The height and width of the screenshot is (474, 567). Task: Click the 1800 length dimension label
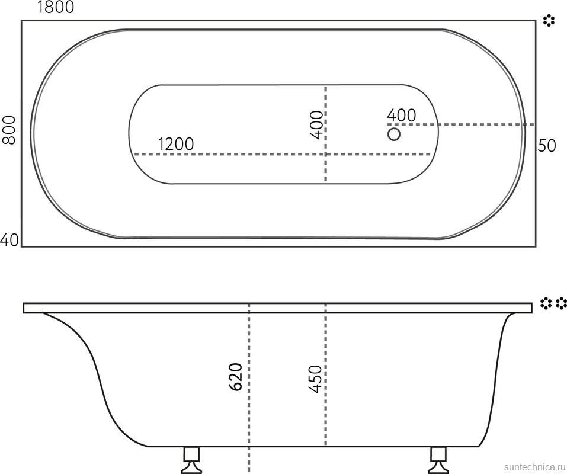click(x=56, y=7)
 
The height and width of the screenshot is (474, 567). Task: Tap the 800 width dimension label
click(x=9, y=130)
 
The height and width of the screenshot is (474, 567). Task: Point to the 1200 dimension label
click(x=176, y=144)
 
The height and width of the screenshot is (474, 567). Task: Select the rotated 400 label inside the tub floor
click(x=316, y=125)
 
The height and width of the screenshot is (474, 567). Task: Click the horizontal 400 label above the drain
click(x=401, y=116)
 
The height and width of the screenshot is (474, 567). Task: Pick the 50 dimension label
click(x=546, y=146)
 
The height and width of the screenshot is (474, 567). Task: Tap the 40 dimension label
click(x=9, y=240)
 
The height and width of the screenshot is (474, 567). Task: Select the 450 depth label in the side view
click(x=315, y=379)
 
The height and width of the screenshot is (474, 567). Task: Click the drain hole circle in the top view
click(x=394, y=134)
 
